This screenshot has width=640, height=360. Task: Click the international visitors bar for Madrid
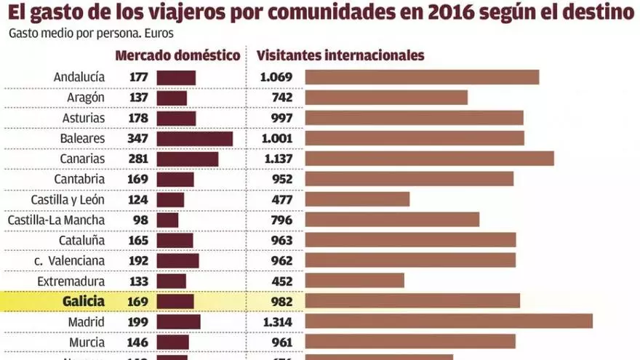(x=448, y=321)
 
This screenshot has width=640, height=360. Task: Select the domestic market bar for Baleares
(x=194, y=138)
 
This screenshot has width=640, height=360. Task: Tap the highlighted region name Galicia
(x=83, y=301)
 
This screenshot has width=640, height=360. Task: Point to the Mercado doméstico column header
(x=177, y=55)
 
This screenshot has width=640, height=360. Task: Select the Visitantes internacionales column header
(x=340, y=55)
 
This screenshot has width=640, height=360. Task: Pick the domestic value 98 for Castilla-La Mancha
(x=140, y=220)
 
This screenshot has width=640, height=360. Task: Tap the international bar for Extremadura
(x=354, y=281)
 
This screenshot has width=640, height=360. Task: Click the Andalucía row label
(x=79, y=77)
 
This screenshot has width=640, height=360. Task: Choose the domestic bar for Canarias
(x=187, y=159)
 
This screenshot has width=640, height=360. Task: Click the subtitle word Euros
(x=159, y=33)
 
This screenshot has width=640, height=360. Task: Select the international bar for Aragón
(x=385, y=97)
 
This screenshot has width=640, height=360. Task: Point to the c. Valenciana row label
(x=69, y=260)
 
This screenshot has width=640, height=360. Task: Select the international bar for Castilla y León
(x=357, y=199)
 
